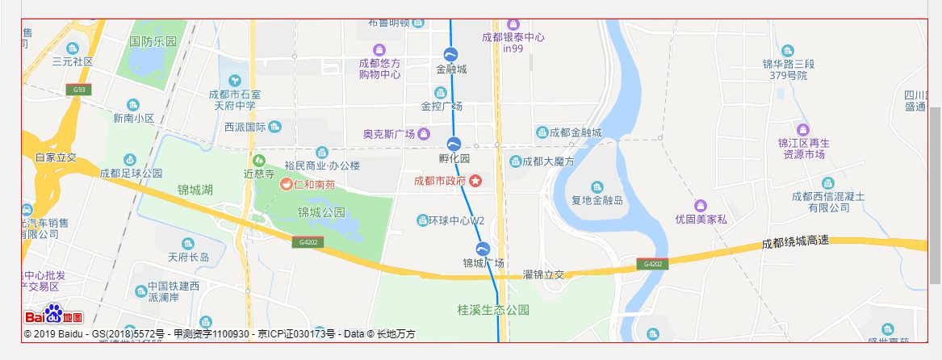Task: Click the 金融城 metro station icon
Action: point(451,54)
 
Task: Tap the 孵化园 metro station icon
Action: point(454,144)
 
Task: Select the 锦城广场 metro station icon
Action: point(483,249)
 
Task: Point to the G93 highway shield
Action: point(77,90)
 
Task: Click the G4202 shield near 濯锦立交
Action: point(653,264)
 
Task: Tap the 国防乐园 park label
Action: point(153,41)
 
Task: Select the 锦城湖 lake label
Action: point(195,190)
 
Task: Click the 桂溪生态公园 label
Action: point(493,309)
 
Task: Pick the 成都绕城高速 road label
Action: point(795,242)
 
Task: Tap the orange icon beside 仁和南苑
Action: point(286,184)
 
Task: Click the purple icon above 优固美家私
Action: point(701,205)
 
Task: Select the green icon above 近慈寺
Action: point(259,160)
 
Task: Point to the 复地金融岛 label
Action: point(597,200)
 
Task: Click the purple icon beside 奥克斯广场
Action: point(424,134)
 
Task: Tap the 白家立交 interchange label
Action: point(56,157)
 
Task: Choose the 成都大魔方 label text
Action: point(547,162)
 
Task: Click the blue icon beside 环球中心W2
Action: point(421,220)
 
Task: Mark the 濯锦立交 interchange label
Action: point(543,275)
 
